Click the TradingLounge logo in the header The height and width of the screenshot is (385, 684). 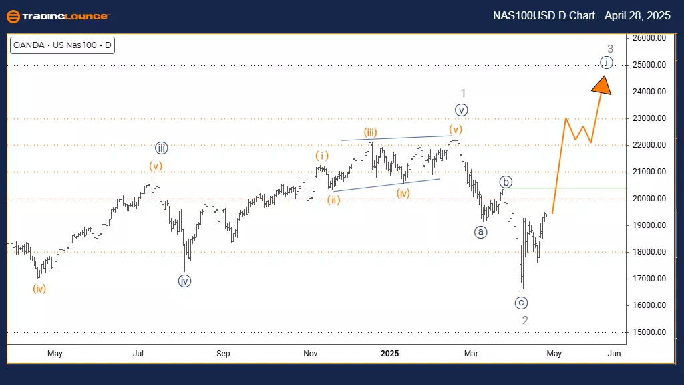pyautogui.click(x=58, y=15)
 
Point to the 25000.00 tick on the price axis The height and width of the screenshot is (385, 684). pyautogui.click(x=650, y=65)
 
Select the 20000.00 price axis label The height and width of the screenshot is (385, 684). pyautogui.click(x=650, y=199)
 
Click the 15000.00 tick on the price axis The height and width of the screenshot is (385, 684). pyautogui.click(x=650, y=332)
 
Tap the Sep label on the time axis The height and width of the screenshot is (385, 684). pyautogui.click(x=223, y=353)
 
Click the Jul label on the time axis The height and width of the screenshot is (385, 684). pyautogui.click(x=139, y=353)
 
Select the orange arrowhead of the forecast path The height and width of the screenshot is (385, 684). pyautogui.click(x=603, y=85)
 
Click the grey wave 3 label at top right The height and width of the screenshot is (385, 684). pyautogui.click(x=610, y=48)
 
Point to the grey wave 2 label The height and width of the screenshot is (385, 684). pyautogui.click(x=526, y=320)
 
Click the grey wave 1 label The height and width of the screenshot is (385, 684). pyautogui.click(x=463, y=93)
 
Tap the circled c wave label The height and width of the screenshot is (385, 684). pyautogui.click(x=522, y=303)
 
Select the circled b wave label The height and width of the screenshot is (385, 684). pyautogui.click(x=506, y=182)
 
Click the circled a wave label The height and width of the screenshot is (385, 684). pyautogui.click(x=480, y=232)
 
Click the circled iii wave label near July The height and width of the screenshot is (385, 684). pyautogui.click(x=161, y=148)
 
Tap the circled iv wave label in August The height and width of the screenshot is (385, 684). pyautogui.click(x=185, y=281)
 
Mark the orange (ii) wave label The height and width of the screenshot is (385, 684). pyautogui.click(x=333, y=199)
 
